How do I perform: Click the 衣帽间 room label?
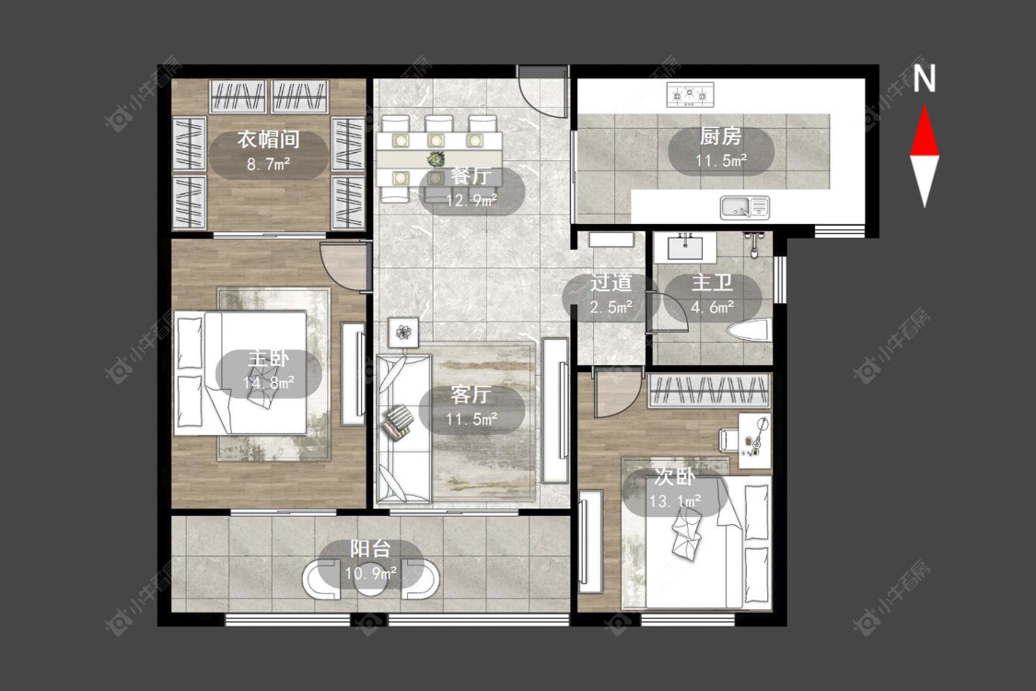click(x=268, y=139)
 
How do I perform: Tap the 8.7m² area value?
click(x=268, y=163)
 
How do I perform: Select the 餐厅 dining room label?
click(x=471, y=176)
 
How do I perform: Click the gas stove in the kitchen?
click(x=691, y=95)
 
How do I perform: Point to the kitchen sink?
click(x=745, y=207)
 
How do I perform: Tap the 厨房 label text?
click(x=720, y=136)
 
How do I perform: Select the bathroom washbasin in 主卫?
click(x=685, y=247)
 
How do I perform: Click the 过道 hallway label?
click(x=611, y=283)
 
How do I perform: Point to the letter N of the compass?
click(x=925, y=77)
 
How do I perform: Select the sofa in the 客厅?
click(x=403, y=428)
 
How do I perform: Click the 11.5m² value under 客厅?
click(x=471, y=419)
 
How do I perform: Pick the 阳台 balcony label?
click(x=370, y=549)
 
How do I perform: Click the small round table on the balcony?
click(x=370, y=580)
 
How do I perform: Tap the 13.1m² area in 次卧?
click(x=674, y=502)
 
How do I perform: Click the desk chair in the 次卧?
click(x=728, y=439)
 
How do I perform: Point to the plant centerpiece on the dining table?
click(x=435, y=158)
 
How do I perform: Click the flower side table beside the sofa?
click(x=403, y=332)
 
